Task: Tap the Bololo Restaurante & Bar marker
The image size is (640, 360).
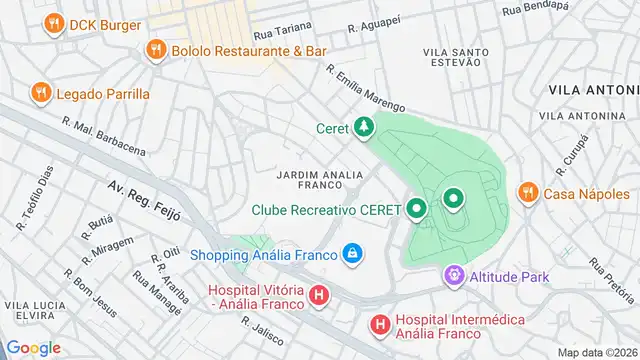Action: (155, 49)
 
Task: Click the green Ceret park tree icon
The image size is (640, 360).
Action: (365, 127)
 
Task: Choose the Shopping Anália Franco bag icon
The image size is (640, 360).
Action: (351, 254)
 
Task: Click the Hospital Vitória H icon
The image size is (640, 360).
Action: (318, 295)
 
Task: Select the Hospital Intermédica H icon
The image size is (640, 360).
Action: (380, 324)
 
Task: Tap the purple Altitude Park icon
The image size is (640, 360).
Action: (455, 273)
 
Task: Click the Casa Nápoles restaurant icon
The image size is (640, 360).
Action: (526, 193)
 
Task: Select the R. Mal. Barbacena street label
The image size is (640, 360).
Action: (103, 137)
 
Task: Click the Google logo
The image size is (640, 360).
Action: (34, 347)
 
